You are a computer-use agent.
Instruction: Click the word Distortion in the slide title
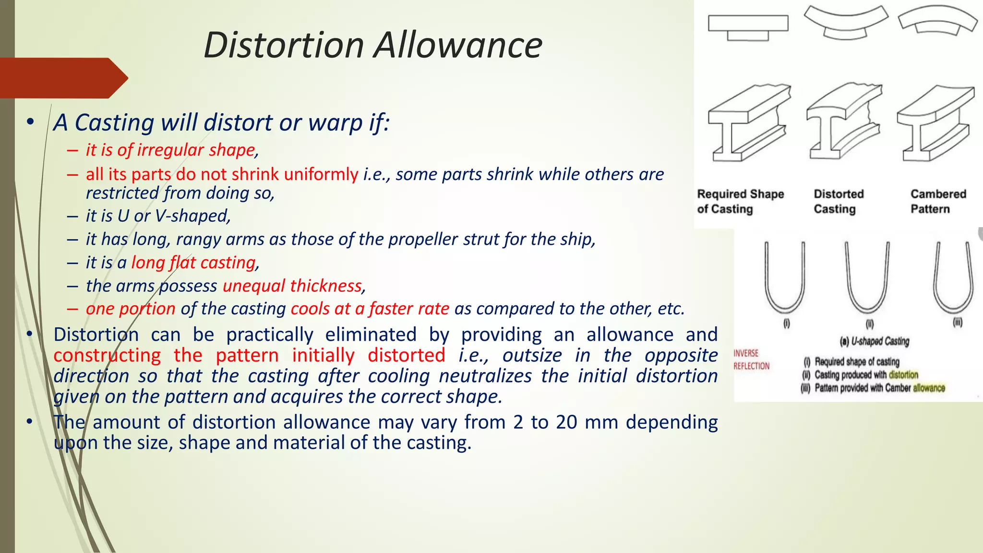[x=284, y=45]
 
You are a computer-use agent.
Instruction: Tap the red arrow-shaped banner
[x=62, y=78]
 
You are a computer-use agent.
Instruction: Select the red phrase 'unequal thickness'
[x=292, y=286]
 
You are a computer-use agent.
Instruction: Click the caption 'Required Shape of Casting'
[x=740, y=202]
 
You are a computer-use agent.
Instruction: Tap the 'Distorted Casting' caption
[x=839, y=202]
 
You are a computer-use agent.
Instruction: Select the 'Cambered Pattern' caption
[x=938, y=202]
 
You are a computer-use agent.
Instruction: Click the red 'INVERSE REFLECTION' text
[x=751, y=360]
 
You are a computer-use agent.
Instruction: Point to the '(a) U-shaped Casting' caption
[x=874, y=341]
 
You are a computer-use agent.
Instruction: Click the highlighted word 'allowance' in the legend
[x=929, y=388]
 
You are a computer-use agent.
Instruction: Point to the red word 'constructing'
[x=107, y=356]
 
